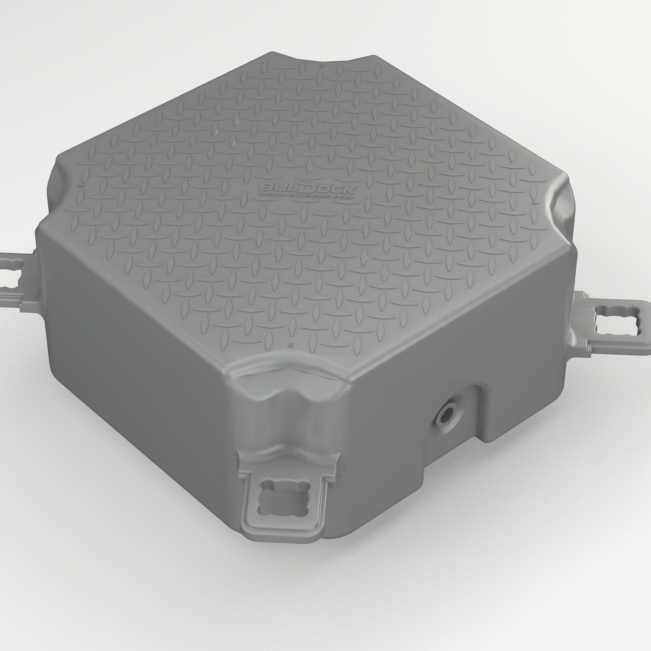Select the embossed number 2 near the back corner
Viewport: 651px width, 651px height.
point(320,67)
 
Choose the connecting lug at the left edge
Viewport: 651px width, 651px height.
point(15,278)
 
